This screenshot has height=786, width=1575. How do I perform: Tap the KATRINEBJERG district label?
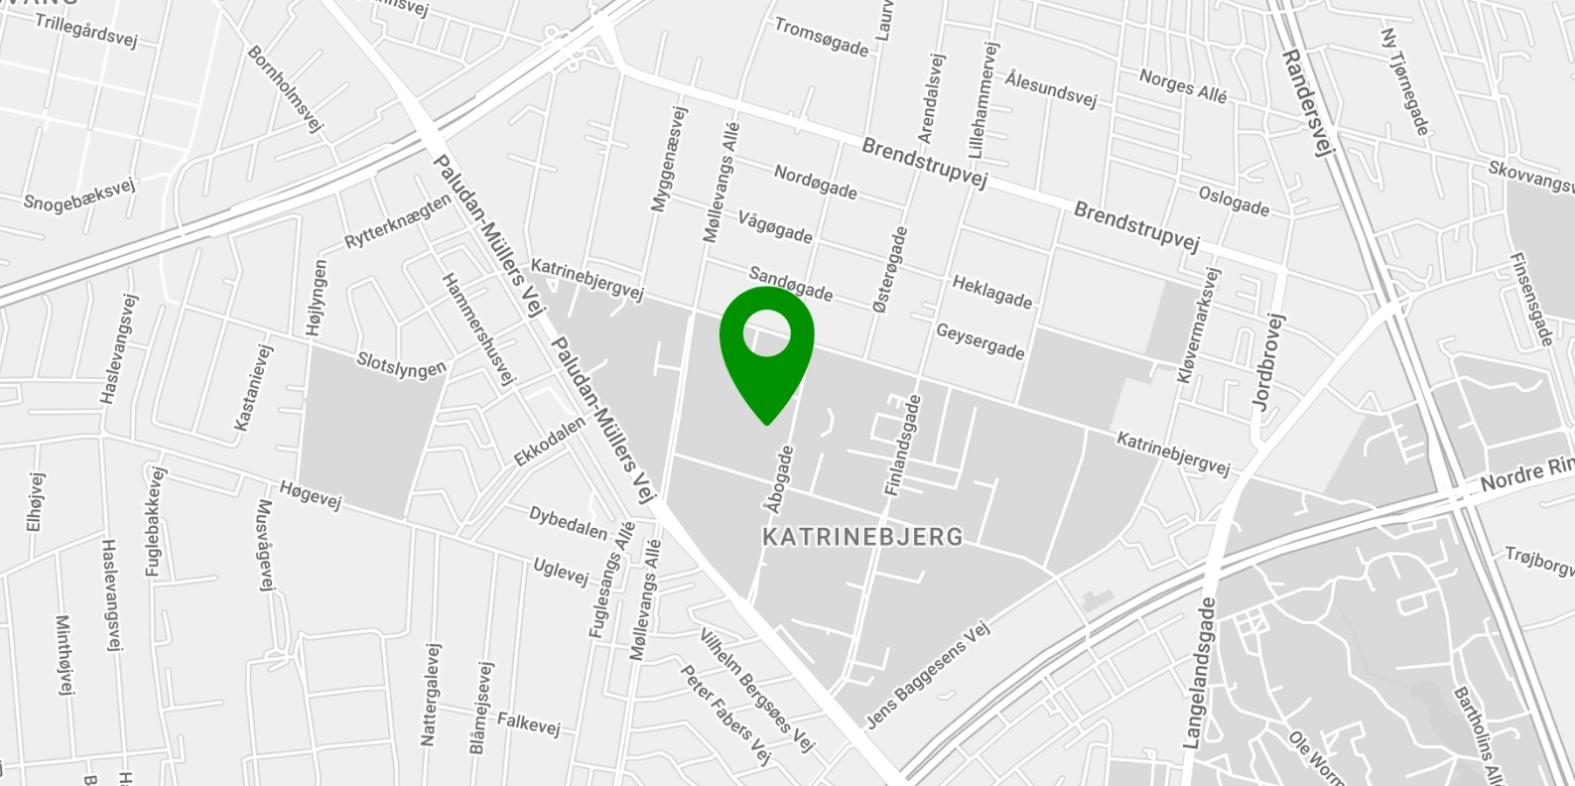coord(861,537)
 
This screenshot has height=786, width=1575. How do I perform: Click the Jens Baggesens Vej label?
coord(928,676)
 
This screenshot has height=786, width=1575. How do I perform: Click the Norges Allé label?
coord(1183,86)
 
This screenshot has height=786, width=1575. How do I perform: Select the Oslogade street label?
coord(1234,200)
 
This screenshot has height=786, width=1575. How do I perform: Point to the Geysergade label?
coord(980,341)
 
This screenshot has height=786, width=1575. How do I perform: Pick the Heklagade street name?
coord(991,292)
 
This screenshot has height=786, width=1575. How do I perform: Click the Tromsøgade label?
coord(821,37)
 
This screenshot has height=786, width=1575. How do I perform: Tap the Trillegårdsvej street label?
coord(85,30)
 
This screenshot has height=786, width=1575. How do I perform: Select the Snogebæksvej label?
coord(79,194)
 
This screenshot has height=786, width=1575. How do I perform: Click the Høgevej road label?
coord(310,494)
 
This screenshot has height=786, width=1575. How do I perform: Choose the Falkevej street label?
coord(528,723)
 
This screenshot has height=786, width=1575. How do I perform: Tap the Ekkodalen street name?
coord(549,442)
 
